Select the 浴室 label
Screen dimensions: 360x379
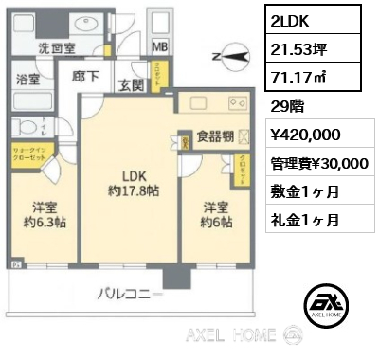pyautogui.click(x=30, y=81)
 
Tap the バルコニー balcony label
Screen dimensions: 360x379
pyautogui.click(x=130, y=294)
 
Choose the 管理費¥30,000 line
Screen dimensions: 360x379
pyautogui.click(x=319, y=163)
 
